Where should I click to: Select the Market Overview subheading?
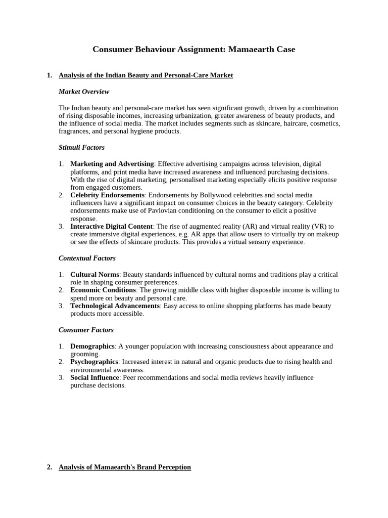click(84, 92)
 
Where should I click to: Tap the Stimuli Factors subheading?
click(81, 147)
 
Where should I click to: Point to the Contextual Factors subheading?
click(87, 258)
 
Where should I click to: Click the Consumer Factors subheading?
click(86, 330)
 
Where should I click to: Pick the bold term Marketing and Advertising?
click(112, 164)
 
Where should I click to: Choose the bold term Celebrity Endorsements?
click(108, 195)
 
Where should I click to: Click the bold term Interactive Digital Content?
click(111, 226)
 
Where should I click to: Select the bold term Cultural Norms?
click(95, 274)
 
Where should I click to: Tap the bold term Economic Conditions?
click(103, 290)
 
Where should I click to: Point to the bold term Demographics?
click(92, 346)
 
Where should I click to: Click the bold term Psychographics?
click(94, 362)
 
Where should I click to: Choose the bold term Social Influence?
click(94, 377)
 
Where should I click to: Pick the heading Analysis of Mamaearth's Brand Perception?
click(125, 467)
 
